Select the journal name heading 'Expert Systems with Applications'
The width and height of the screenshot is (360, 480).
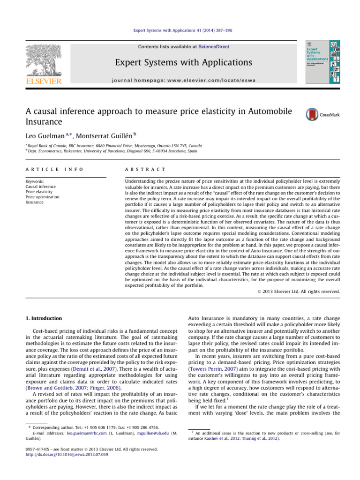[x=180, y=62]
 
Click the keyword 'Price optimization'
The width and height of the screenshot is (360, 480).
[x=43, y=197]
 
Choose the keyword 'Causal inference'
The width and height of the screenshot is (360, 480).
[x=41, y=186]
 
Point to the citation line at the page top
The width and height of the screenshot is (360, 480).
[x=180, y=30]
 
